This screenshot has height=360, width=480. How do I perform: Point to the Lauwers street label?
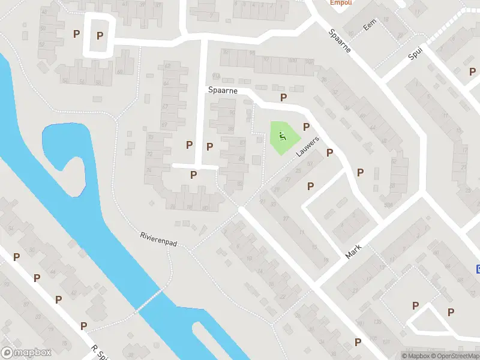(307, 146)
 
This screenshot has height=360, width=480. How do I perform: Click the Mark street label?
(355, 250)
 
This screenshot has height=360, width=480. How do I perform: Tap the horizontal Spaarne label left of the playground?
(223, 90)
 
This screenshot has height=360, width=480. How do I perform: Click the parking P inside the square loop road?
(100, 35)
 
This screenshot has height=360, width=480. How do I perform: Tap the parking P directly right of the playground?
(306, 127)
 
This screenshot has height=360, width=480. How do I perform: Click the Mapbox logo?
(26, 353)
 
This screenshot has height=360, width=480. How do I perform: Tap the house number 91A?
(216, 76)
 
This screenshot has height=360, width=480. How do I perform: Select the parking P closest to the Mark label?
(310, 186)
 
